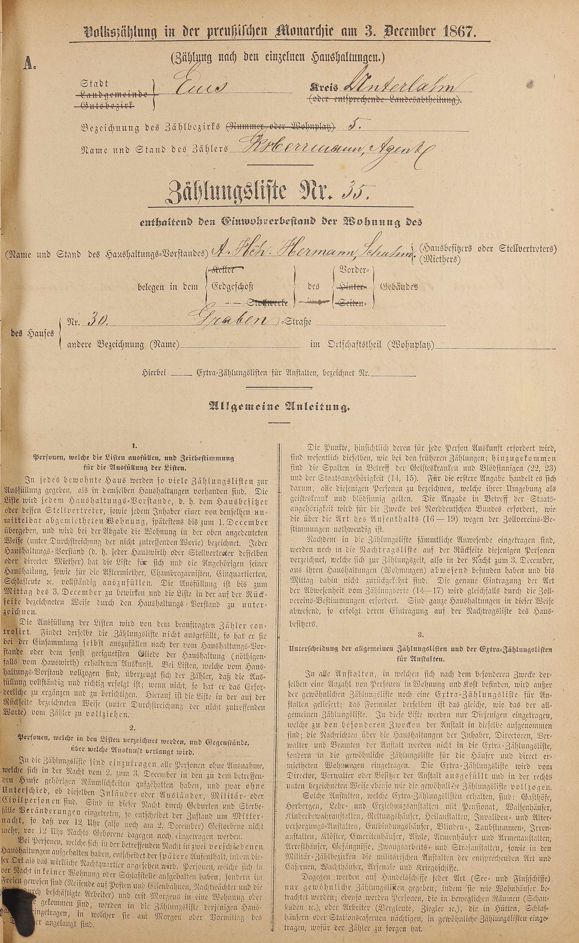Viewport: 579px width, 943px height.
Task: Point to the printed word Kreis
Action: point(324,88)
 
